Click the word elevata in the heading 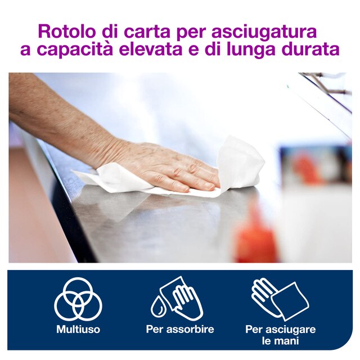(x=150, y=49)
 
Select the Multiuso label (x=78, y=329)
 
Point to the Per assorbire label (x=180, y=329)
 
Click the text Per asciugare (x=281, y=329)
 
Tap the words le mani (x=281, y=341)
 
